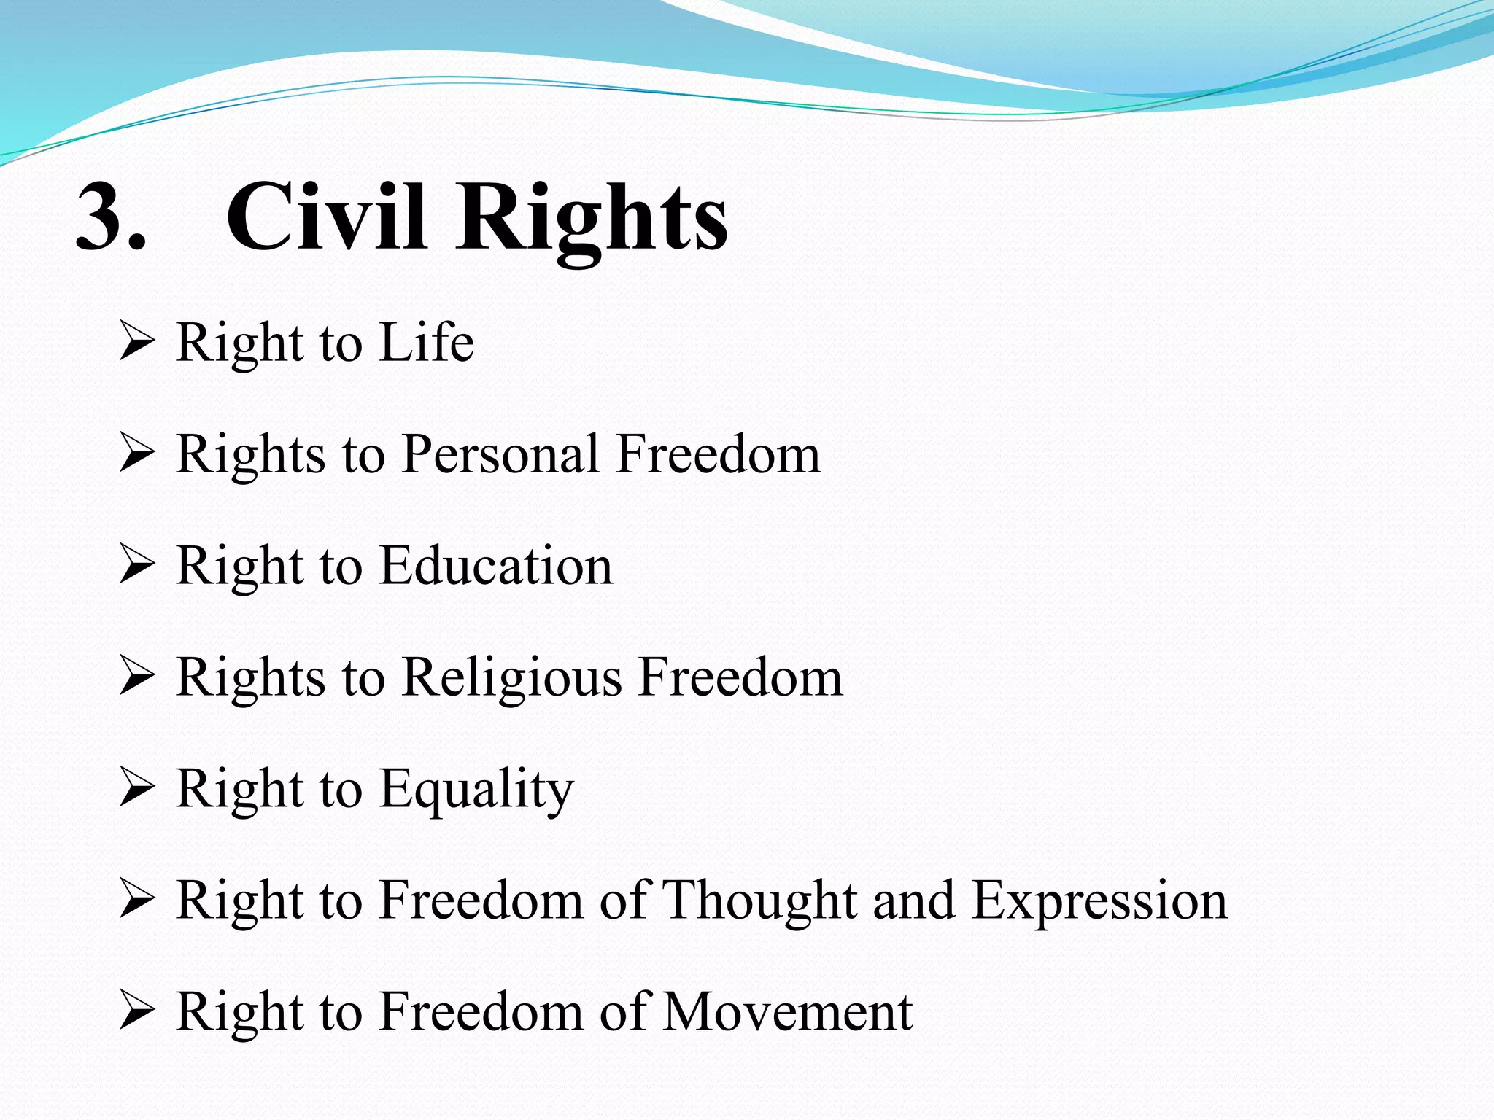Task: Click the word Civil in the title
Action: (325, 217)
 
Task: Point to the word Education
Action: (496, 566)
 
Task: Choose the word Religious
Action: (512, 678)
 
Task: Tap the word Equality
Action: (477, 790)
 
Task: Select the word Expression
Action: (1100, 902)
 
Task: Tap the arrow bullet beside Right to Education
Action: (136, 566)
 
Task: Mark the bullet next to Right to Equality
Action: (136, 789)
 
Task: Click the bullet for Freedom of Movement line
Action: (136, 1012)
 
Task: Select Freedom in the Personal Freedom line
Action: (719, 454)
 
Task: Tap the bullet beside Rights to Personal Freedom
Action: (136, 454)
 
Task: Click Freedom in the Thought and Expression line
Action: (481, 901)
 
